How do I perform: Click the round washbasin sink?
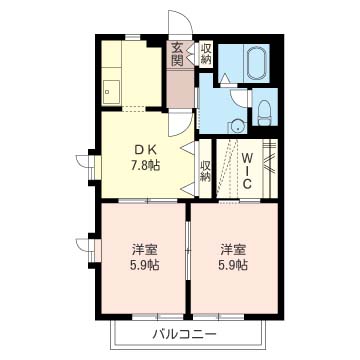[236, 125]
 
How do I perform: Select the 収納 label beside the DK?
[206, 170]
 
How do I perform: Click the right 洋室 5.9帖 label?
[235, 258]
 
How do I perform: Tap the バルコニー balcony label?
[185, 332]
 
